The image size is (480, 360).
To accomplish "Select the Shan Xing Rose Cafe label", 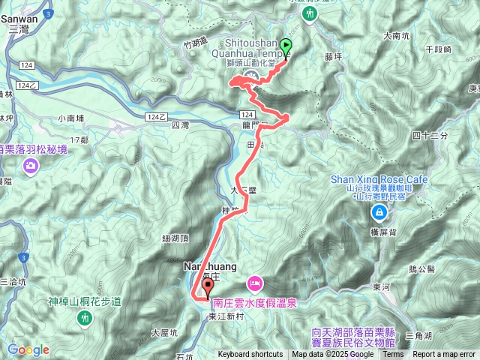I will click(x=379, y=179).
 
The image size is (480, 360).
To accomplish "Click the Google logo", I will click(x=28, y=349).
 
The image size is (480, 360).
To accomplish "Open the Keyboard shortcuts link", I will click(x=250, y=355).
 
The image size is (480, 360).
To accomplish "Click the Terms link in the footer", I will click(x=393, y=355).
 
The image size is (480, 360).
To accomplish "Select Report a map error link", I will click(x=444, y=355).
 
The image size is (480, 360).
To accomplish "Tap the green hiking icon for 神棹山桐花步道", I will click(x=85, y=318).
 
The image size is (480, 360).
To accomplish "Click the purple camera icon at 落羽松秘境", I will click(x=31, y=166).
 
